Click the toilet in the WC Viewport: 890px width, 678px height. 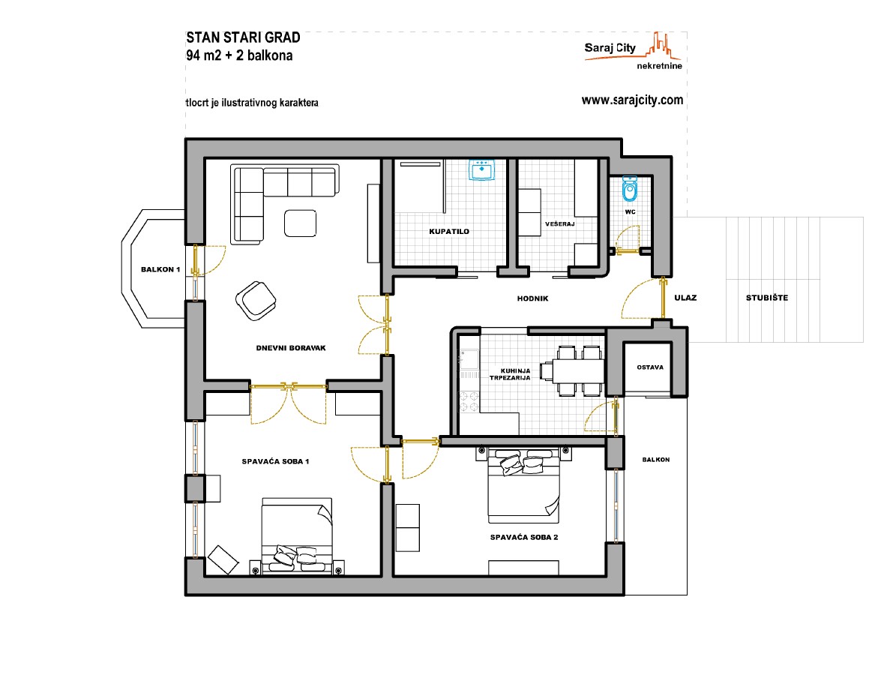630,189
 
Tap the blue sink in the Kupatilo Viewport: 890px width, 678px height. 482,169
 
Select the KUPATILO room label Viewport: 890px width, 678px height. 449,232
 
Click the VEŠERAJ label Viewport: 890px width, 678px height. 559,223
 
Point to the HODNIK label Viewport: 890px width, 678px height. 532,298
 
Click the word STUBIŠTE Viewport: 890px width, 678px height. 767,298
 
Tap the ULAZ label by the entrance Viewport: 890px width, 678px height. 685,298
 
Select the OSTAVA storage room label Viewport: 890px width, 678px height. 650,367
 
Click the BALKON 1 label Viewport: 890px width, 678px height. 160,269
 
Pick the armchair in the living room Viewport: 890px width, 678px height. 256,300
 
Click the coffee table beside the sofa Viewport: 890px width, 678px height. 300,223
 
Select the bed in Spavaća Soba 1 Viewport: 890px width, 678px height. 297,535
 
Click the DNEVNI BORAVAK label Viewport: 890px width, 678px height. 291,348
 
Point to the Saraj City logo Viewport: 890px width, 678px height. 633,50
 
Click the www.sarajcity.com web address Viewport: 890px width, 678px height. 632,100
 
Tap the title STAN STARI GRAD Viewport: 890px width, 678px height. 243,37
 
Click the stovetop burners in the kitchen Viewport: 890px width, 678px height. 469,401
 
